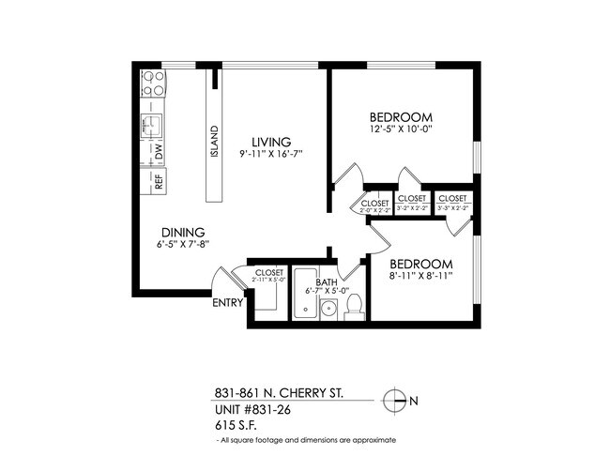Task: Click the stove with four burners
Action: [153, 84]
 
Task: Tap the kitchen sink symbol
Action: [150, 123]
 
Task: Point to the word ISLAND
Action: [214, 141]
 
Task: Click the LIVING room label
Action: [270, 142]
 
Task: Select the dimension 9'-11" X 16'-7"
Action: [270, 154]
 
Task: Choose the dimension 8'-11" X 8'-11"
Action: [421, 277]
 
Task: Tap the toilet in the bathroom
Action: [355, 305]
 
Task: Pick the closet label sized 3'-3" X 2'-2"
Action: [453, 204]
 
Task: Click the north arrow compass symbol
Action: [396, 401]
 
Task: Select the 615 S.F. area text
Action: [232, 425]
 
